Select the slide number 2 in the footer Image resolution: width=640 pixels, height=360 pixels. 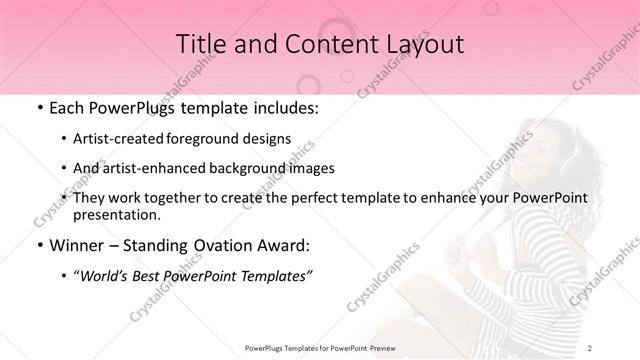[x=590, y=348]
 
